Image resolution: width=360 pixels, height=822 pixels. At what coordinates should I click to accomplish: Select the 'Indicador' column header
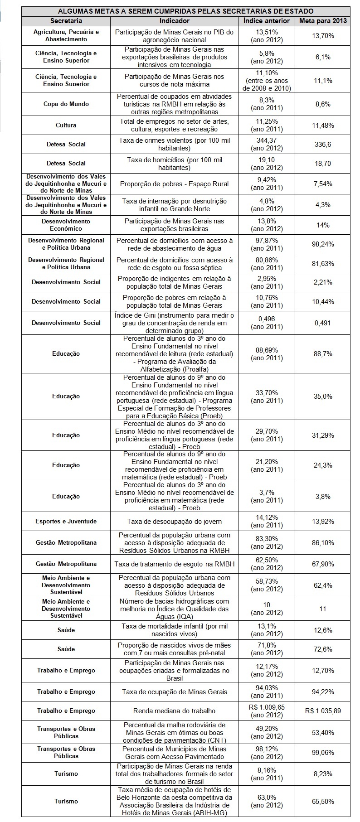coord(175,21)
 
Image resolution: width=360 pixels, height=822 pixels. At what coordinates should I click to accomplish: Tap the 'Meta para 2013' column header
coord(323,21)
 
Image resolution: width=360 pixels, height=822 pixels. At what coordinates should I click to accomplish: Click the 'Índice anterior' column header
coord(267,21)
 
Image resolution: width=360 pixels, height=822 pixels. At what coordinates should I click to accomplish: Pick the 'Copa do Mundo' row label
coord(66,104)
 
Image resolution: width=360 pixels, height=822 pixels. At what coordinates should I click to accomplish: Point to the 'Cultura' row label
coord(66,125)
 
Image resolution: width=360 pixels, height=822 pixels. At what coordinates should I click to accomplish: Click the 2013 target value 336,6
coord(323,144)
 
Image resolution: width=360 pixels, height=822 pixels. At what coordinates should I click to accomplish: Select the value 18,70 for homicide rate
coord(323,163)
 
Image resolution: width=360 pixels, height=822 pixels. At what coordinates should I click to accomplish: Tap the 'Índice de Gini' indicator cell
coord(175,323)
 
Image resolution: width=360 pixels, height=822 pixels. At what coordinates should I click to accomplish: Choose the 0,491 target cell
coord(323,323)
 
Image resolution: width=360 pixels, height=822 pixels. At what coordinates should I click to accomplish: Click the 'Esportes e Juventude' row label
coord(66,521)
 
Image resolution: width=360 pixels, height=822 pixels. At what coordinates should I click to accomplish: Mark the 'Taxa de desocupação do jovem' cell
coord(175,521)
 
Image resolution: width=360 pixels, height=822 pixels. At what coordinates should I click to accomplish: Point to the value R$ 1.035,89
coord(323,711)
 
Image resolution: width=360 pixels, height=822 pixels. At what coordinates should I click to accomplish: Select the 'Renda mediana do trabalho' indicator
coord(175,711)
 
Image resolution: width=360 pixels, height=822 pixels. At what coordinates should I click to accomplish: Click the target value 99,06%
coord(323,752)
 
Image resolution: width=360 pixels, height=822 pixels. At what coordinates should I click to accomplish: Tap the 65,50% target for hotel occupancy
coord(323,802)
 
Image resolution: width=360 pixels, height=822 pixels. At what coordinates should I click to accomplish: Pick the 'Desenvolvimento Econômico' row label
coord(66,225)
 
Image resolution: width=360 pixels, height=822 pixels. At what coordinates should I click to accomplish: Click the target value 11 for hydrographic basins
coord(323,609)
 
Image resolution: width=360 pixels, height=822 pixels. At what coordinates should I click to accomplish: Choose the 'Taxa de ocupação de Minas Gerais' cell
coord(175,691)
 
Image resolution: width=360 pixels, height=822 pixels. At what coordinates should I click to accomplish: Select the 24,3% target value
coord(323,465)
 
